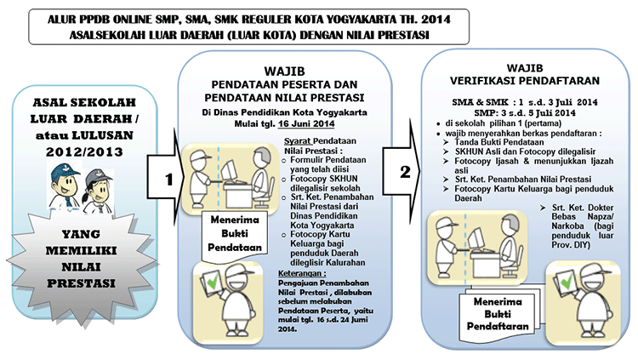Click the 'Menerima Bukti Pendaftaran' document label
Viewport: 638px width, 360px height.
point(497,316)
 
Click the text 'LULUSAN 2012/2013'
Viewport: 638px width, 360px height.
point(84,144)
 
